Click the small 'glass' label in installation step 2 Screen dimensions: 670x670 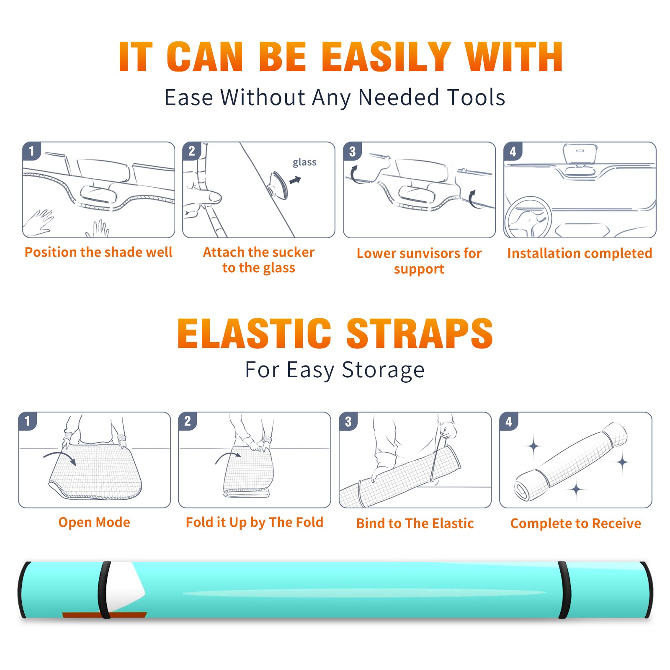(x=304, y=162)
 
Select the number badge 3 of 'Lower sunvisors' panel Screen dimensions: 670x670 (x=352, y=152)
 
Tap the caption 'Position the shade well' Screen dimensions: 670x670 (x=98, y=252)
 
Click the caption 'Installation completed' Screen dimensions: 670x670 (x=580, y=253)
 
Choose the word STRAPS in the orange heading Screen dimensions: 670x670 (x=420, y=333)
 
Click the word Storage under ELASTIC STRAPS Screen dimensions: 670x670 (x=383, y=370)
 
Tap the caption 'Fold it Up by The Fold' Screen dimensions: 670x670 (x=255, y=523)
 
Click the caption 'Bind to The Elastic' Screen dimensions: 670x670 (x=415, y=523)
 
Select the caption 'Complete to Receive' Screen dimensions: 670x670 (x=576, y=523)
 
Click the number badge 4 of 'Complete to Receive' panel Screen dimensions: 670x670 (x=509, y=422)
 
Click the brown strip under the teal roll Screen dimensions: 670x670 (x=105, y=615)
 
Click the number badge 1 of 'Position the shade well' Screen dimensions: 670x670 (x=31, y=151)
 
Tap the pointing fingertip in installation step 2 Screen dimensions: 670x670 (x=214, y=197)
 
